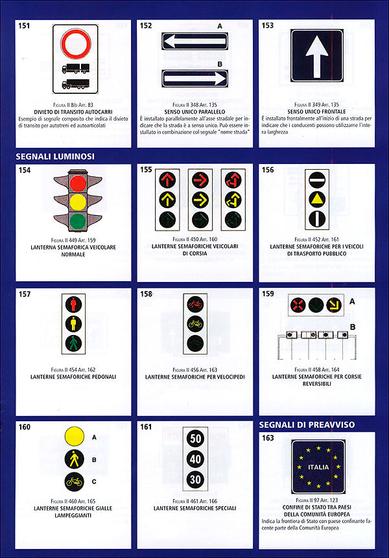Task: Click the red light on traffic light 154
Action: (x=78, y=183)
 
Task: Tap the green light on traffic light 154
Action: (x=78, y=222)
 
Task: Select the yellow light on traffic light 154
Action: (x=78, y=202)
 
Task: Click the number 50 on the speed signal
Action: (x=195, y=439)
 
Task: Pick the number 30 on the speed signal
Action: (x=195, y=480)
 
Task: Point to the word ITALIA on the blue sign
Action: (x=318, y=467)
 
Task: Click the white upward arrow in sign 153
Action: (x=317, y=56)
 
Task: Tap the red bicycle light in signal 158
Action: (x=194, y=303)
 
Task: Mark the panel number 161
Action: (x=147, y=427)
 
